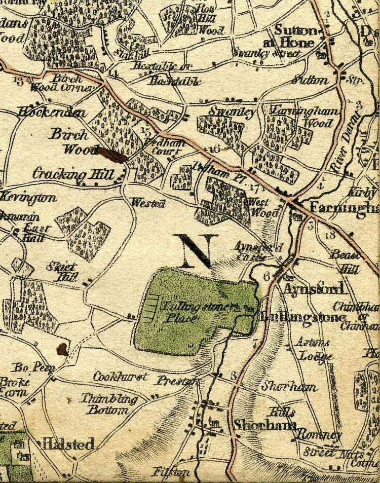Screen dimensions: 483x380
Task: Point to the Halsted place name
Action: click(x=68, y=444)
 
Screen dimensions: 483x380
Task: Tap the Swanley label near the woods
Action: click(x=232, y=113)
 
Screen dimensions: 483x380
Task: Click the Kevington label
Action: click(x=29, y=197)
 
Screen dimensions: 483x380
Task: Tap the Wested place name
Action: click(x=148, y=203)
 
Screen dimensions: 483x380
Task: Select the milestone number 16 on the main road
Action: click(x=214, y=149)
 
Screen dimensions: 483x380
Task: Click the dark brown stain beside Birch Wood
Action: click(x=112, y=155)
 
